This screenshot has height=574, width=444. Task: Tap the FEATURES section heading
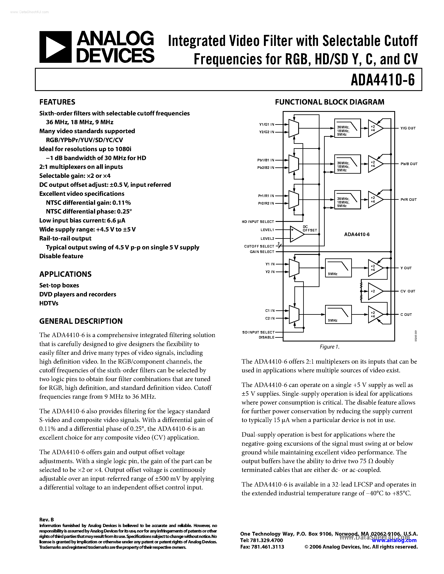(x=57, y=102)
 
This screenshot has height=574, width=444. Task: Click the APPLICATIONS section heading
(x=65, y=274)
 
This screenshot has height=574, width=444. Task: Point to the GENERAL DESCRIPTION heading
(x=81, y=321)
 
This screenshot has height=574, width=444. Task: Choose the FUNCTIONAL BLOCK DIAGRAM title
(x=329, y=102)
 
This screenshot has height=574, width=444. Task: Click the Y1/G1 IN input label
(x=266, y=124)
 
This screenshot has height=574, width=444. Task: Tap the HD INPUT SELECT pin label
(x=258, y=221)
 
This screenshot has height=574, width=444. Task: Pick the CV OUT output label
(x=408, y=291)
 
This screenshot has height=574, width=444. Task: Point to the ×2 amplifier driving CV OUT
(x=374, y=291)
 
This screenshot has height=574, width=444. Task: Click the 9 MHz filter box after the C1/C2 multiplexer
(x=338, y=314)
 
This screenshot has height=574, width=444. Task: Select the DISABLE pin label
(x=266, y=337)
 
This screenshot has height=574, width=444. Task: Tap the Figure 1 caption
(x=329, y=347)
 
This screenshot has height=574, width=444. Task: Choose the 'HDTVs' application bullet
(x=49, y=303)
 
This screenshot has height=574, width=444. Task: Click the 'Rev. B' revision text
(x=46, y=519)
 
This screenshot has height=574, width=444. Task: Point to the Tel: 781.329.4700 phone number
(x=261, y=540)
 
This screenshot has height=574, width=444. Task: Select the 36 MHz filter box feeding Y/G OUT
(x=347, y=128)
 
